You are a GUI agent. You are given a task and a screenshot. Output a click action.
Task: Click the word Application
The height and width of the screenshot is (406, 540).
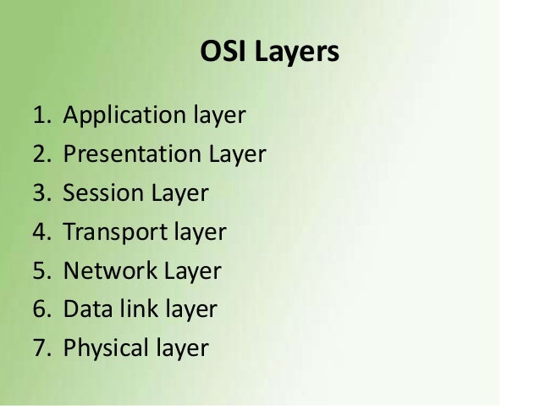(x=124, y=117)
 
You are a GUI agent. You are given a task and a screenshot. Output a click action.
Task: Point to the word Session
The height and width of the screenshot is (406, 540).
(x=104, y=193)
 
